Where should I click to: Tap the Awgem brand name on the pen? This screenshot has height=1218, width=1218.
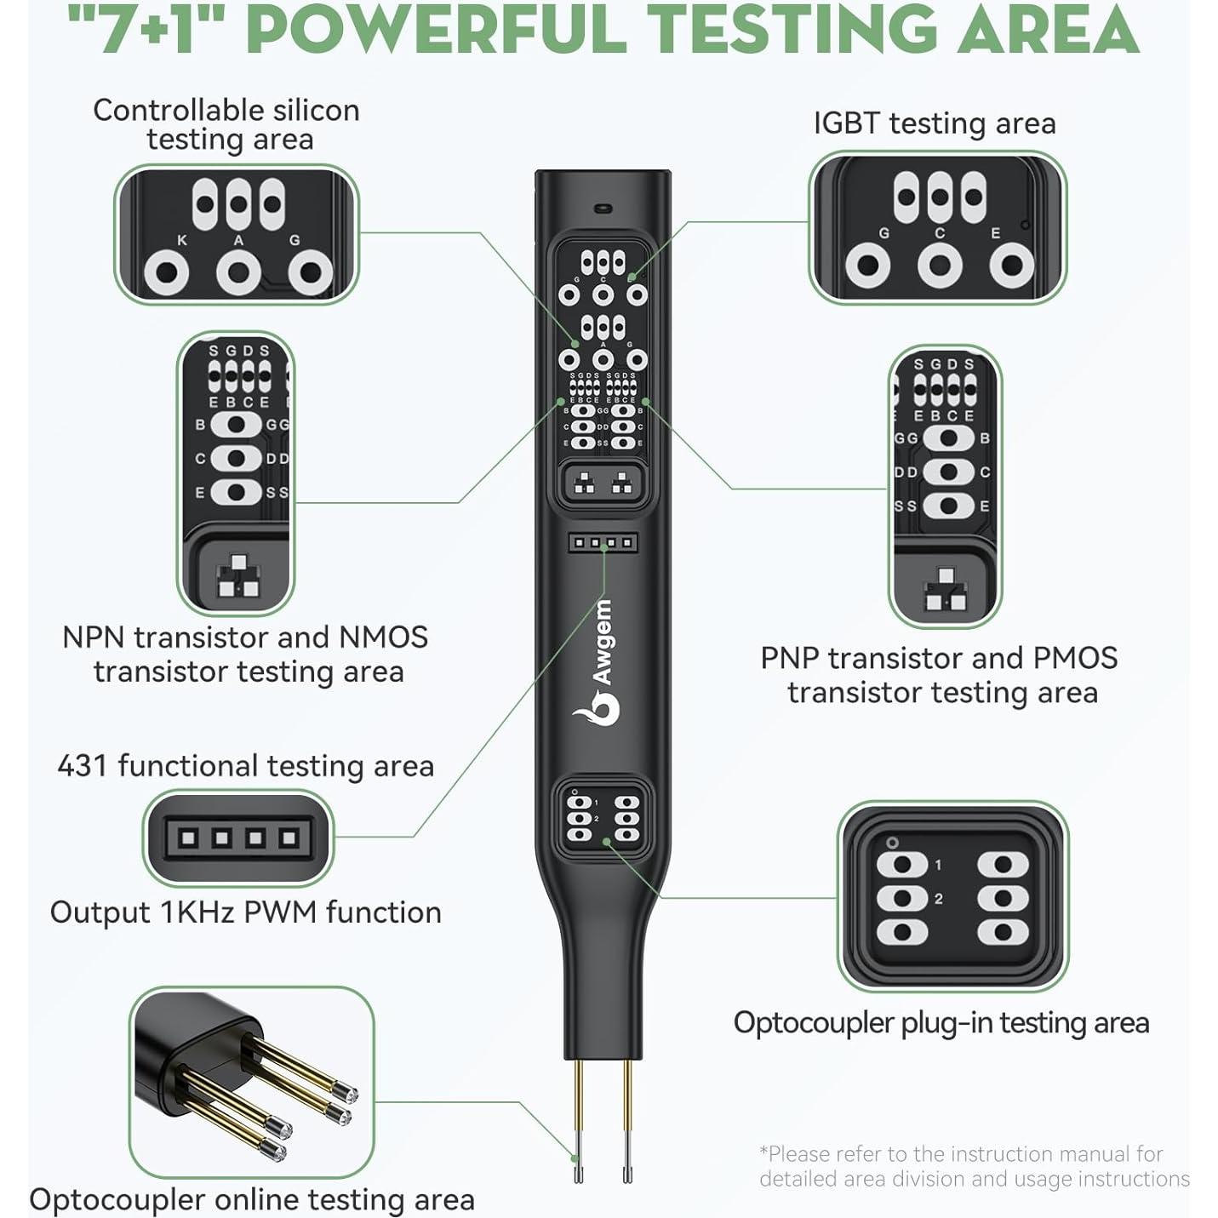tap(603, 642)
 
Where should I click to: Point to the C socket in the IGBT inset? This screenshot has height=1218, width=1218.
tap(940, 266)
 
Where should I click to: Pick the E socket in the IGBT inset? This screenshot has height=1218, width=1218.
tap(1011, 266)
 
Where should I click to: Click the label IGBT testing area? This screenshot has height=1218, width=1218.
tap(935, 123)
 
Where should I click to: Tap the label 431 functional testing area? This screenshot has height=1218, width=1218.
tap(245, 766)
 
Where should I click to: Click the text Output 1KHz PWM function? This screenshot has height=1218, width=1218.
tap(245, 912)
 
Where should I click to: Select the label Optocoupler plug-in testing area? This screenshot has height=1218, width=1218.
tap(941, 1023)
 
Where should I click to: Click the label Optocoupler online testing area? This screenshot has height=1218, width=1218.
tap(251, 1200)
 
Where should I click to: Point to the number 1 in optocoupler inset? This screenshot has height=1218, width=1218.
tap(938, 865)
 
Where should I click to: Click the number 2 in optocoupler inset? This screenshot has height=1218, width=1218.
tap(938, 899)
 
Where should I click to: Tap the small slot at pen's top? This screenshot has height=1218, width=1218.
tap(603, 208)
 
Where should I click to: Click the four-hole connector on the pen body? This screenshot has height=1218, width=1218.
tap(603, 542)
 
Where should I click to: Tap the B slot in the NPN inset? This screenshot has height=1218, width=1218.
tap(237, 425)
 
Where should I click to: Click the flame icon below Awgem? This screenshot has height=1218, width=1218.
tap(596, 706)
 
